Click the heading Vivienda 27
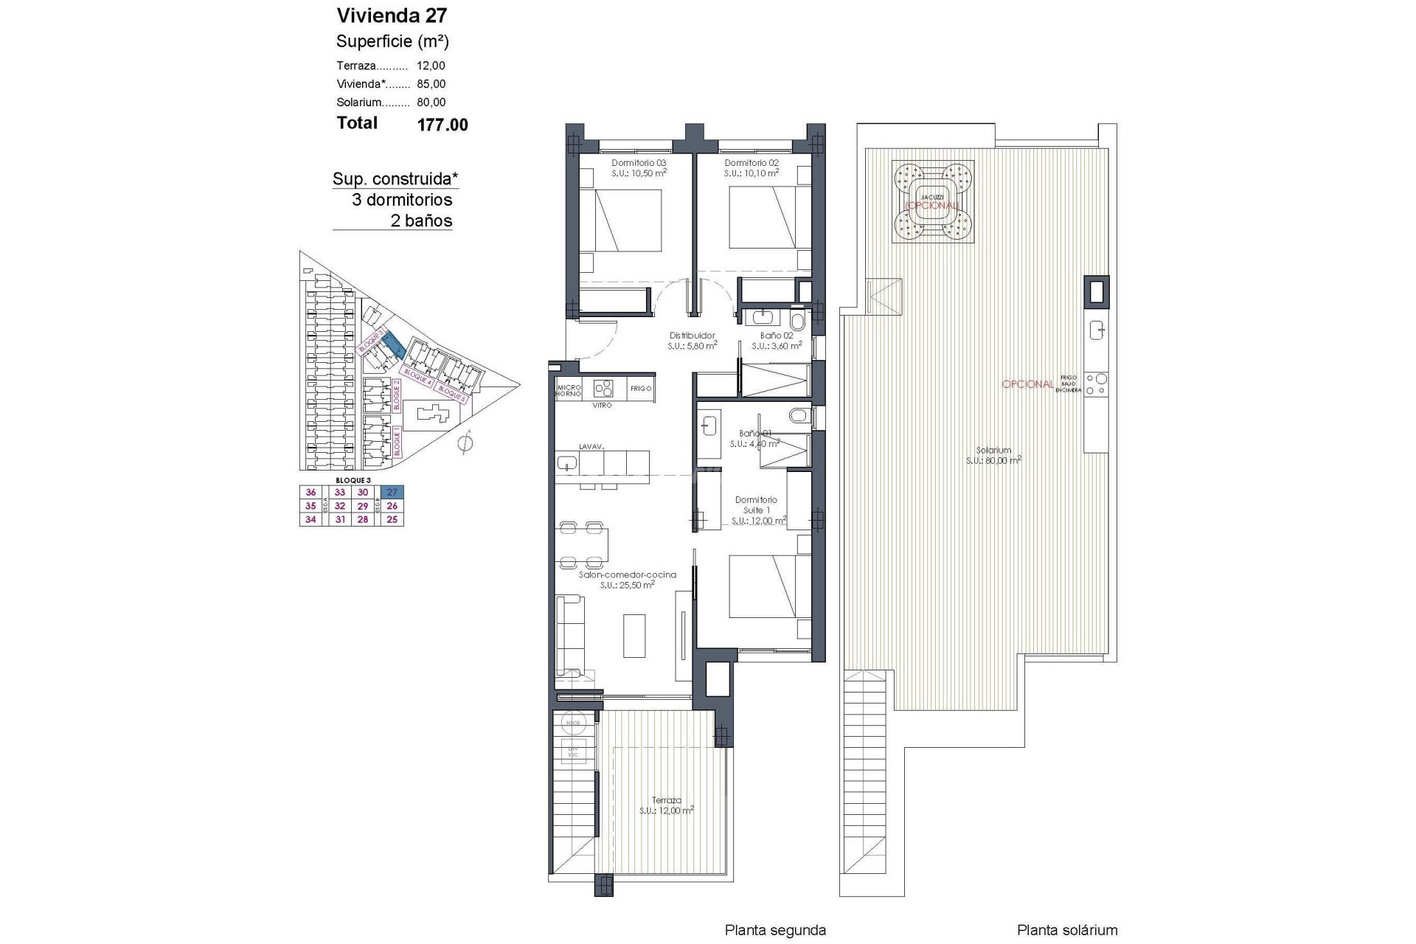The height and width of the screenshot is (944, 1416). point(392,15)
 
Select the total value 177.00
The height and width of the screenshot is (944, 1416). point(442,125)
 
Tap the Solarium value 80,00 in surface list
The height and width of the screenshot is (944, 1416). point(431,103)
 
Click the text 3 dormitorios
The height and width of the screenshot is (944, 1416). point(402,200)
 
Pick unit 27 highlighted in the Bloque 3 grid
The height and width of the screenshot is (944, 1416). point(392,493)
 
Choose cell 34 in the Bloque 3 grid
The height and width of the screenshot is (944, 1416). point(310,520)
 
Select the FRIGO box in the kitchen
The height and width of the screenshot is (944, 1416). point(640,389)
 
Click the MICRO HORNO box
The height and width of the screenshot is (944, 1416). point(569,390)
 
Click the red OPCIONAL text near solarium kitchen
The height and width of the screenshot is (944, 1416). point(1027,384)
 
